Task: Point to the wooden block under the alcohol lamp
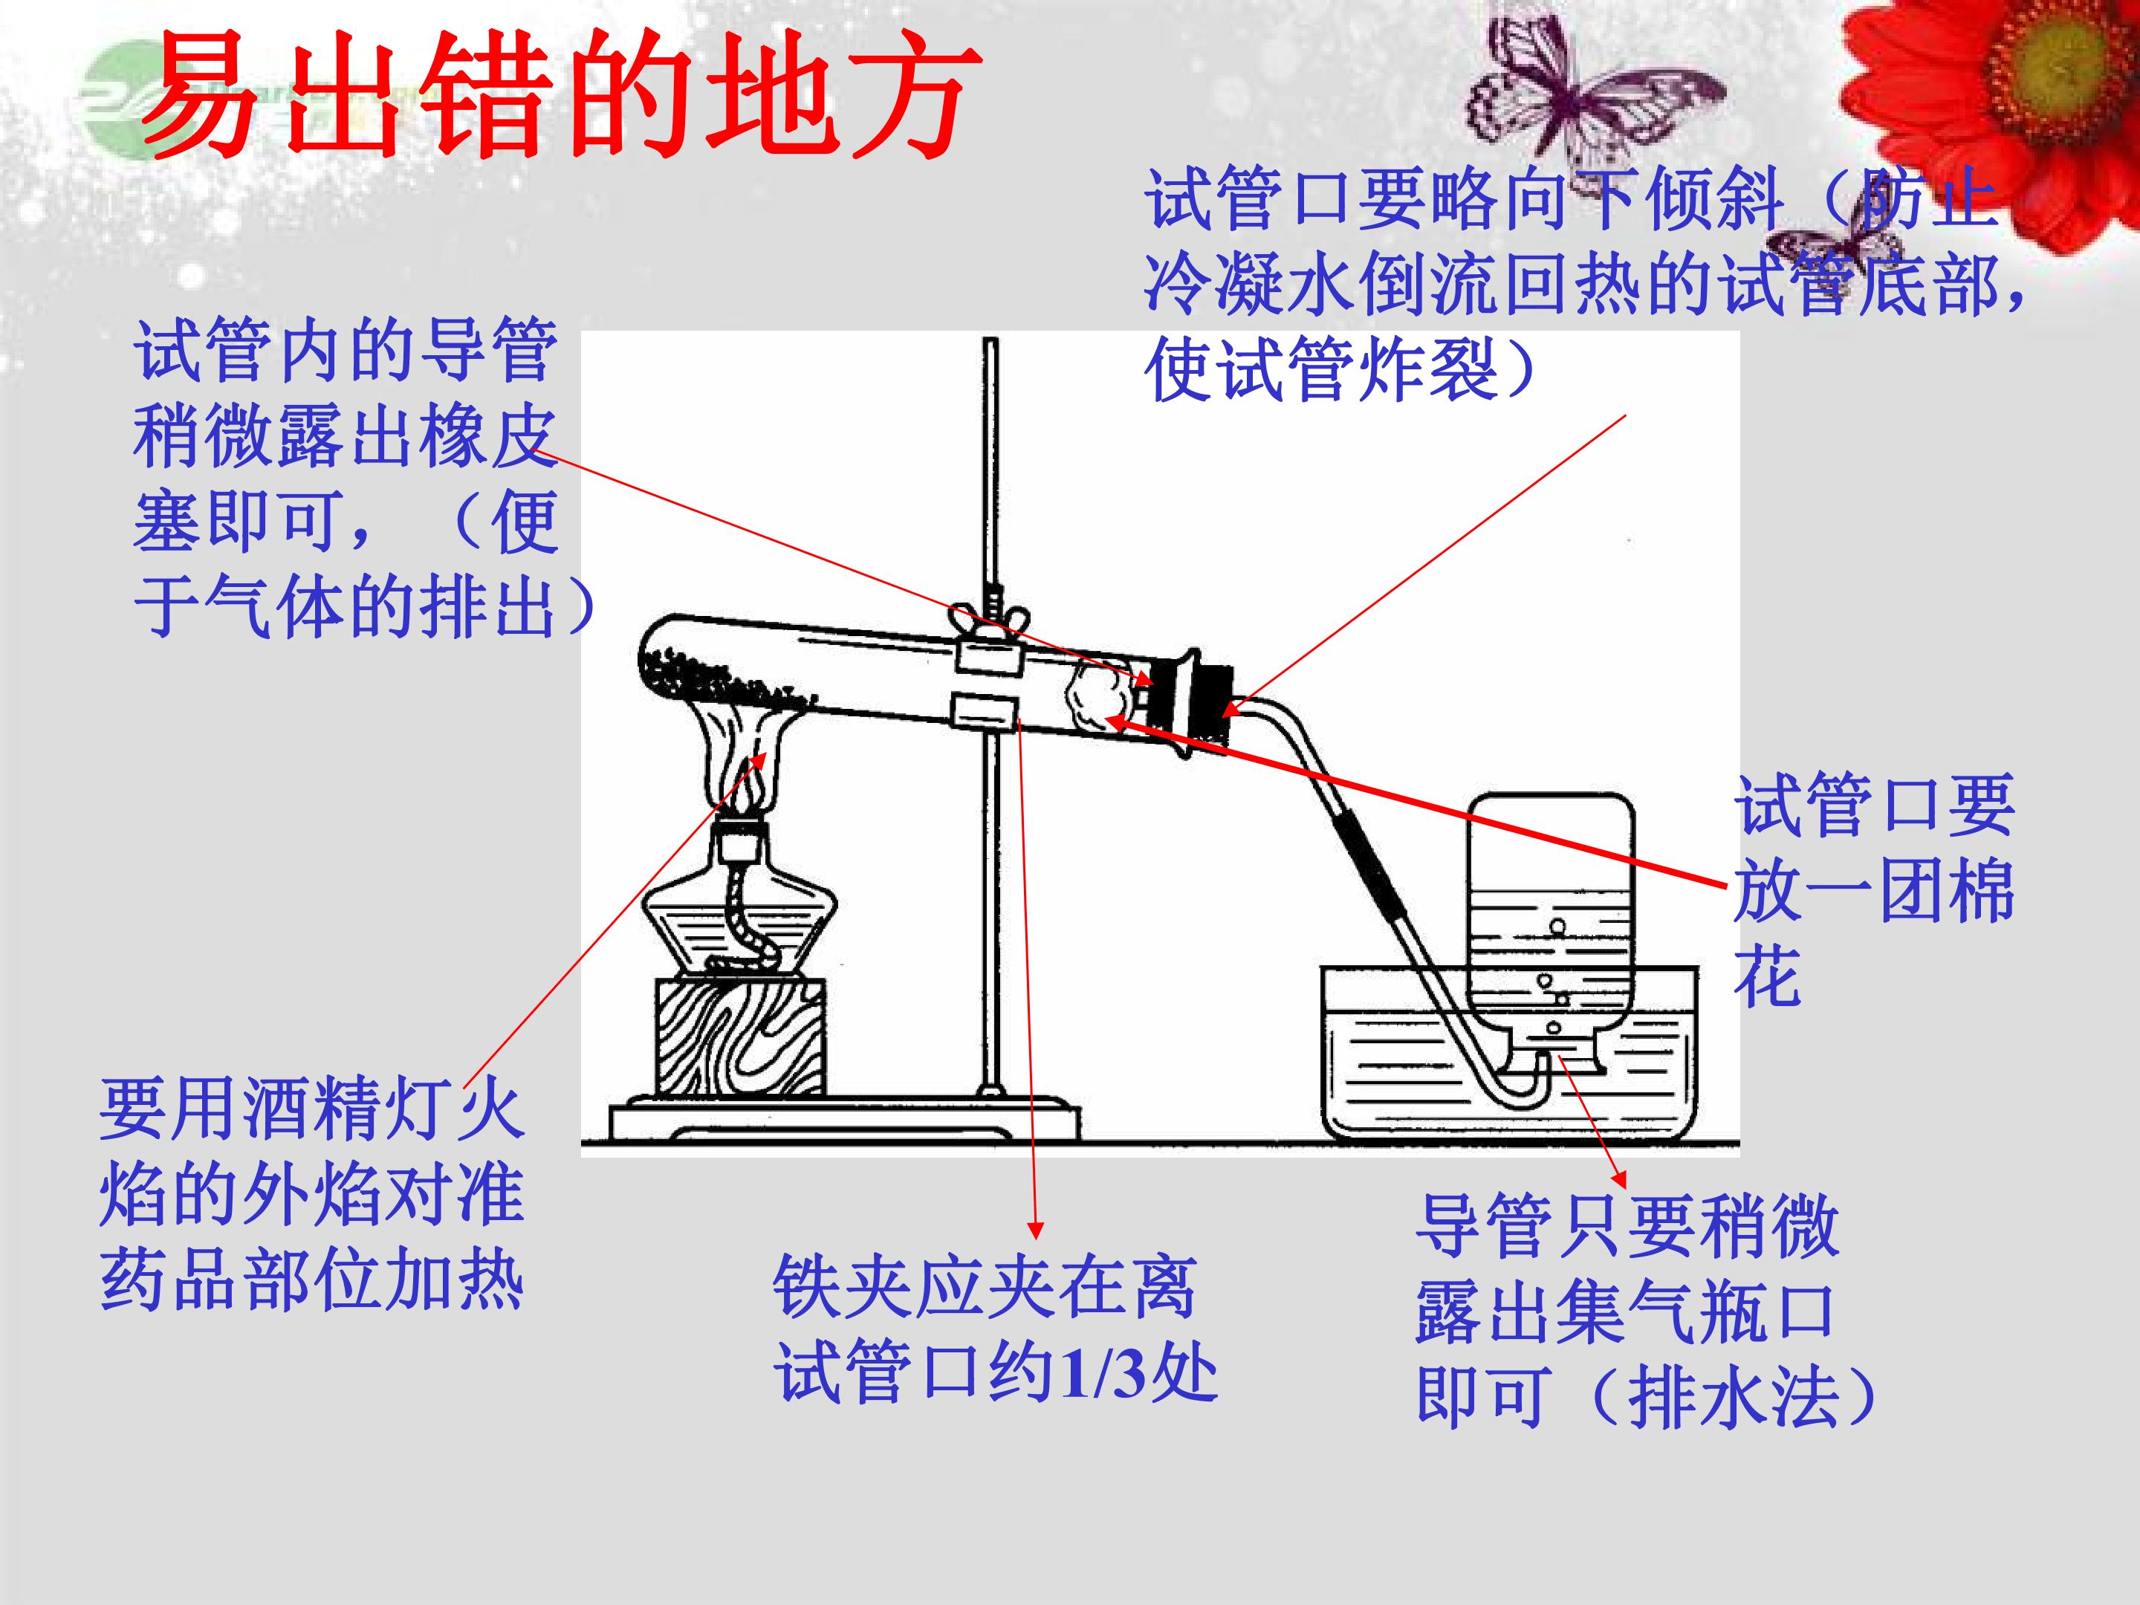[x=741, y=1036]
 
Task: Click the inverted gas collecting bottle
[x=1550, y=933]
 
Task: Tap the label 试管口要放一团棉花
[x=1874, y=889]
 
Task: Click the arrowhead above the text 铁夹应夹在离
[x=1035, y=1231]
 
